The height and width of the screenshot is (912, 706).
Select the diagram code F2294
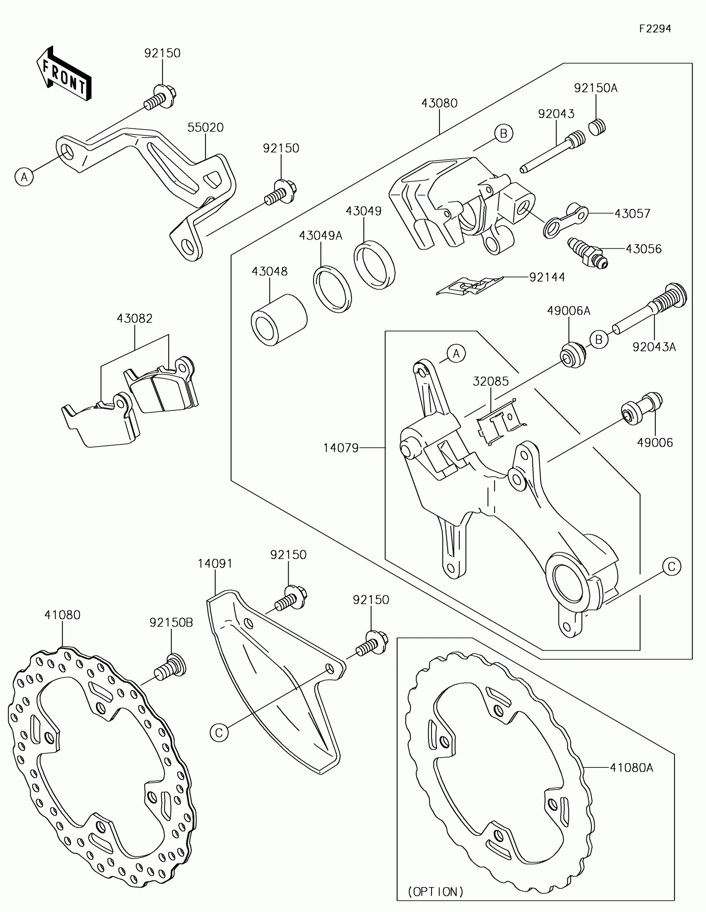click(x=655, y=29)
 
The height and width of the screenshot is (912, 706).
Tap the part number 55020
click(x=205, y=127)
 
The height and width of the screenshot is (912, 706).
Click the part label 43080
click(x=439, y=103)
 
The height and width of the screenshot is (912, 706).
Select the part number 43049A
click(x=320, y=236)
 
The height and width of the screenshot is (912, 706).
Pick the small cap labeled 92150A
click(x=598, y=127)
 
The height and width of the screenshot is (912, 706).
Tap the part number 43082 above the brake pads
click(x=135, y=319)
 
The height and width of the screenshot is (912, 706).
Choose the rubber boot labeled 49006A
click(x=572, y=355)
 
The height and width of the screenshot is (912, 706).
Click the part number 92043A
click(x=654, y=347)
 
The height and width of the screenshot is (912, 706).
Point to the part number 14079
click(x=341, y=448)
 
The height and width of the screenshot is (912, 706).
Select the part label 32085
click(x=490, y=381)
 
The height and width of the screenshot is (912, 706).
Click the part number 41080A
click(x=631, y=767)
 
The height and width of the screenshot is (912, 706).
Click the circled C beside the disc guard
click(x=219, y=733)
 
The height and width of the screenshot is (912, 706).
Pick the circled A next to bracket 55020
click(x=24, y=177)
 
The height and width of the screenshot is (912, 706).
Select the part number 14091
click(x=215, y=564)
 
